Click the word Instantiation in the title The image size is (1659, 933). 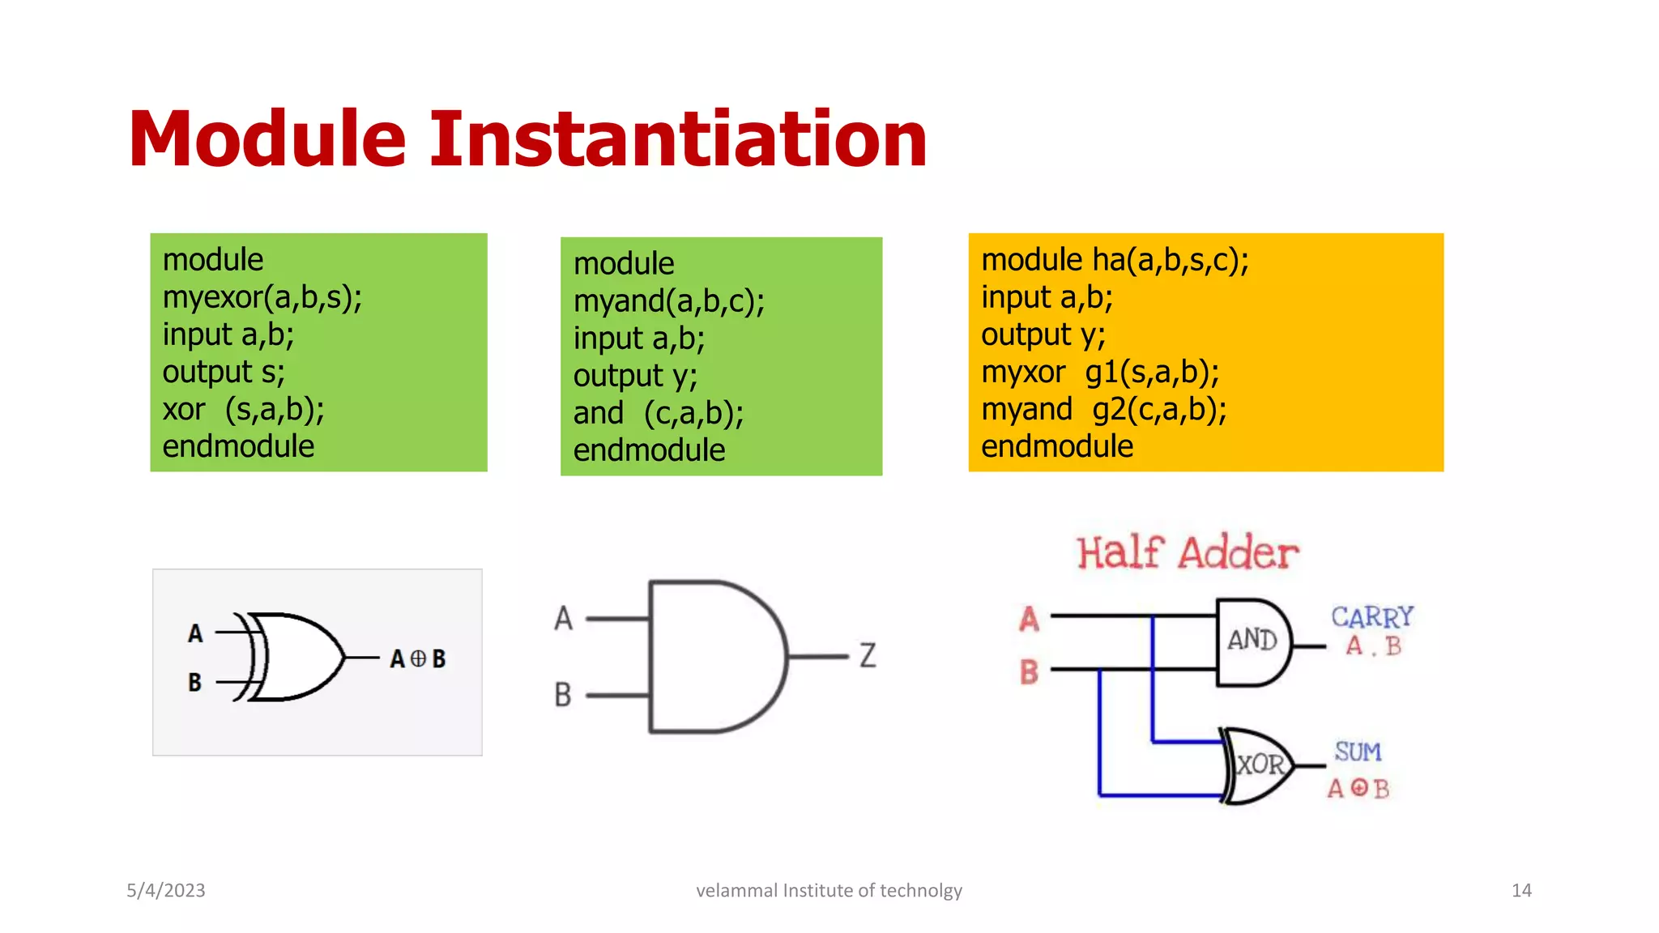point(677,139)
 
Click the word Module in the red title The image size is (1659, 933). point(267,139)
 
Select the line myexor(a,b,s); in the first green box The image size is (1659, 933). point(262,297)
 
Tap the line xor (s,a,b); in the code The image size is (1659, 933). point(243,409)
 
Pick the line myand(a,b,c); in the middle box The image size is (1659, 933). point(668,301)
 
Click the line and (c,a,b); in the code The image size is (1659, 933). point(658,413)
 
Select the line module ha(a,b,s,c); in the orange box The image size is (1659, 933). point(1114,260)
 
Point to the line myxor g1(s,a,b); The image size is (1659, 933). point(1099,372)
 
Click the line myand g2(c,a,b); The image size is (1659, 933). point(1103,409)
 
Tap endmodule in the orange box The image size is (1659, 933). point(1056,446)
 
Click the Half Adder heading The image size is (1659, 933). point(1187,553)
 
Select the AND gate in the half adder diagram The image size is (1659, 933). point(1252,641)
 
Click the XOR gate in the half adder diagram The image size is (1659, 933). point(1259,765)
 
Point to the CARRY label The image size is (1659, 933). point(1371,617)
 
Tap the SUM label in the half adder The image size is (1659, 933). point(1358,752)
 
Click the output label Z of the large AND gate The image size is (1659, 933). point(868,654)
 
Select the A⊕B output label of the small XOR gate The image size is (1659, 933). point(418,658)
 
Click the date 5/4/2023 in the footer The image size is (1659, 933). point(166,890)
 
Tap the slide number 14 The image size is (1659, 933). point(1520,890)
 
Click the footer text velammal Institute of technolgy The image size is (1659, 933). point(829,890)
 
